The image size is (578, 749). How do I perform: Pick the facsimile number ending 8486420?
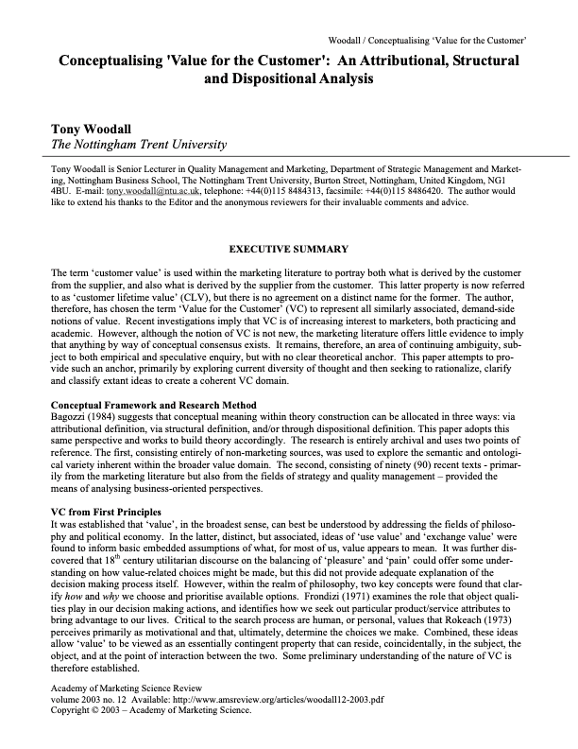click(391, 190)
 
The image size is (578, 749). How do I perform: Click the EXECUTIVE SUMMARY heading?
click(288, 251)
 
